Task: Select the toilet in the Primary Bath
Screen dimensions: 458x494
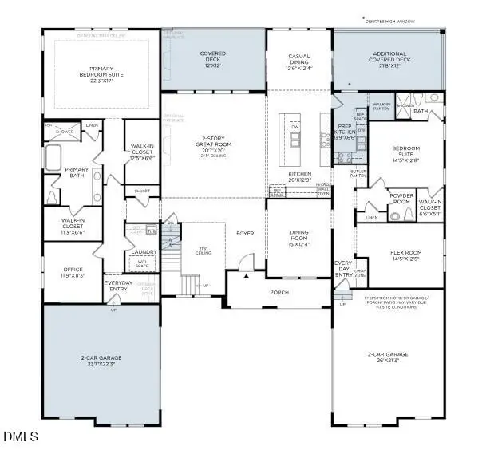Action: point(53,195)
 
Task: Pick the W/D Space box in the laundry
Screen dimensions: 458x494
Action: point(144,264)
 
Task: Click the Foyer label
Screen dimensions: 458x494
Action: point(244,234)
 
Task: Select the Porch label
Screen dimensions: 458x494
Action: point(279,292)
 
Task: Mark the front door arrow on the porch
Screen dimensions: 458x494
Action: point(247,276)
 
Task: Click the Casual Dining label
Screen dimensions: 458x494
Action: point(298,61)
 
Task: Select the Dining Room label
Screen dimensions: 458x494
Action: point(298,237)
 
